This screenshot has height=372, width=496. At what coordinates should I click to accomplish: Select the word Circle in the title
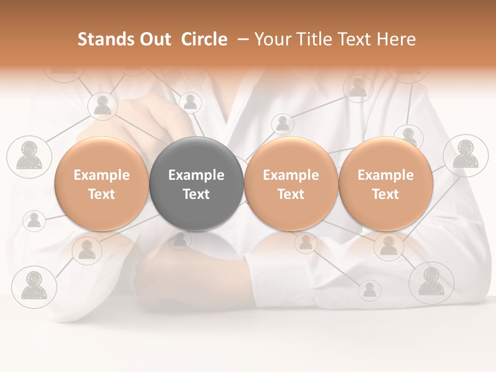point(204,39)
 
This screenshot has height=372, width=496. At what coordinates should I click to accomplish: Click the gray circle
point(196,184)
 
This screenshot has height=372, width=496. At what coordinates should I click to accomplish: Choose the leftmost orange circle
point(101,184)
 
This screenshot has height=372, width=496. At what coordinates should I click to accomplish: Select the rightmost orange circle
point(385,184)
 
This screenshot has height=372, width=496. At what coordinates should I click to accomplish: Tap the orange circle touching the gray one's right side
point(291,184)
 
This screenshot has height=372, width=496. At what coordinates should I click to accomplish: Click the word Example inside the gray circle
point(196,175)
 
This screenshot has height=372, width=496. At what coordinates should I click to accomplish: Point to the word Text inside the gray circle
point(196,194)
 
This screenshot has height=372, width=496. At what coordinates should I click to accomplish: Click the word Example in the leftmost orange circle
point(101,175)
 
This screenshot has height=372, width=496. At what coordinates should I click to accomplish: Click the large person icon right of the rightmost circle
point(466,154)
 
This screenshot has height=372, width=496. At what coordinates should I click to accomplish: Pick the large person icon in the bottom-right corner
point(431,282)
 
